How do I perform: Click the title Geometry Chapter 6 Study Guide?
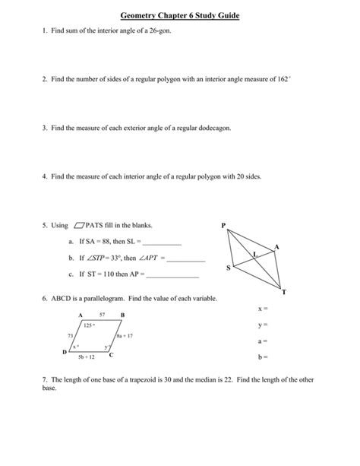179,15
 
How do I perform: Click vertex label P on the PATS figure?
223,225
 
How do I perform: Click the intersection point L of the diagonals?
256,255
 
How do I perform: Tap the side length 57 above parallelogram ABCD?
102,314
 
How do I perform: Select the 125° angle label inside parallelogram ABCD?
89,324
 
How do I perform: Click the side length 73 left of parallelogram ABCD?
70,334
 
